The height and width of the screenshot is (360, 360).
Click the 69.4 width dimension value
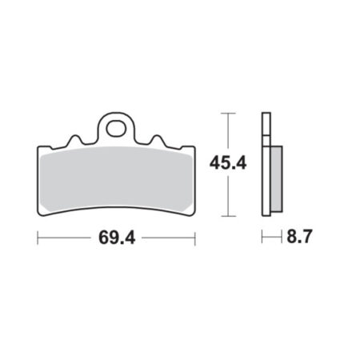click(117, 238)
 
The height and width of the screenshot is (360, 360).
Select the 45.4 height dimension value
click(228, 163)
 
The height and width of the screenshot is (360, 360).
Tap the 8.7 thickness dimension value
click(299, 236)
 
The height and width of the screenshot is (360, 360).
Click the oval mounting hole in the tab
click(116, 129)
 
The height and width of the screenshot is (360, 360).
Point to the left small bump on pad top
click(74, 140)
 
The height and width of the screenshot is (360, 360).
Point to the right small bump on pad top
click(158, 140)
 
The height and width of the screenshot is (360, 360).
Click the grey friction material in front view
click(116, 178)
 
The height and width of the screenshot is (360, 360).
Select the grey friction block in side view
click(277, 179)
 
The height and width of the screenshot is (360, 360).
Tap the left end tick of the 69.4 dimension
click(38, 238)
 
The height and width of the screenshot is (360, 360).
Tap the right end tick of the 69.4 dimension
click(195, 238)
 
